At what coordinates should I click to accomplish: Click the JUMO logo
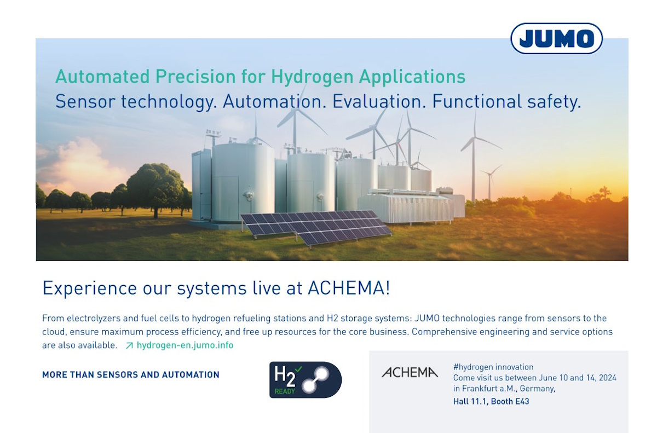click(x=556, y=38)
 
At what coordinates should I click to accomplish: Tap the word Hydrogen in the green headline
click(x=312, y=77)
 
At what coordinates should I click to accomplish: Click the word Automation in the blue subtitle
click(x=274, y=101)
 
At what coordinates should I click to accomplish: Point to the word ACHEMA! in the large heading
click(x=349, y=288)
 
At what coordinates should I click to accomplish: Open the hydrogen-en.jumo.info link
click(x=185, y=345)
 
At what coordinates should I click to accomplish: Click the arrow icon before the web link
click(x=129, y=345)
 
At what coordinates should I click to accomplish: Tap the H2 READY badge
click(x=306, y=380)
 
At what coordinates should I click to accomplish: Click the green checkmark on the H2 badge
click(x=298, y=369)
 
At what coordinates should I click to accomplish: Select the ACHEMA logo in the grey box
click(x=410, y=372)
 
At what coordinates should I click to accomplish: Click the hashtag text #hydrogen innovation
click(x=493, y=367)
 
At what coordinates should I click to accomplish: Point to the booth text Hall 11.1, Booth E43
click(x=491, y=401)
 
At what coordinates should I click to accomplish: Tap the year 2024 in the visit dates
click(x=608, y=378)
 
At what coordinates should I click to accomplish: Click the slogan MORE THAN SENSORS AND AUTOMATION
click(x=131, y=374)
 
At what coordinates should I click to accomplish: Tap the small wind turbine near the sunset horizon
click(x=490, y=182)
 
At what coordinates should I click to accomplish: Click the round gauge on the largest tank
click(x=249, y=194)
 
